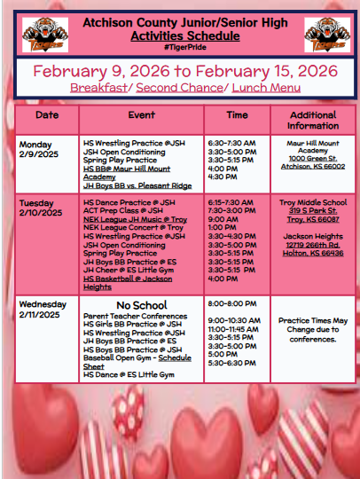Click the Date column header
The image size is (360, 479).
pyautogui.click(x=46, y=114)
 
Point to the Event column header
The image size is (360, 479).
pyautogui.click(x=141, y=114)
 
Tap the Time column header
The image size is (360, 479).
pyautogui.click(x=237, y=114)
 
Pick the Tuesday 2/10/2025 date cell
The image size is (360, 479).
pyautogui.click(x=41, y=208)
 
